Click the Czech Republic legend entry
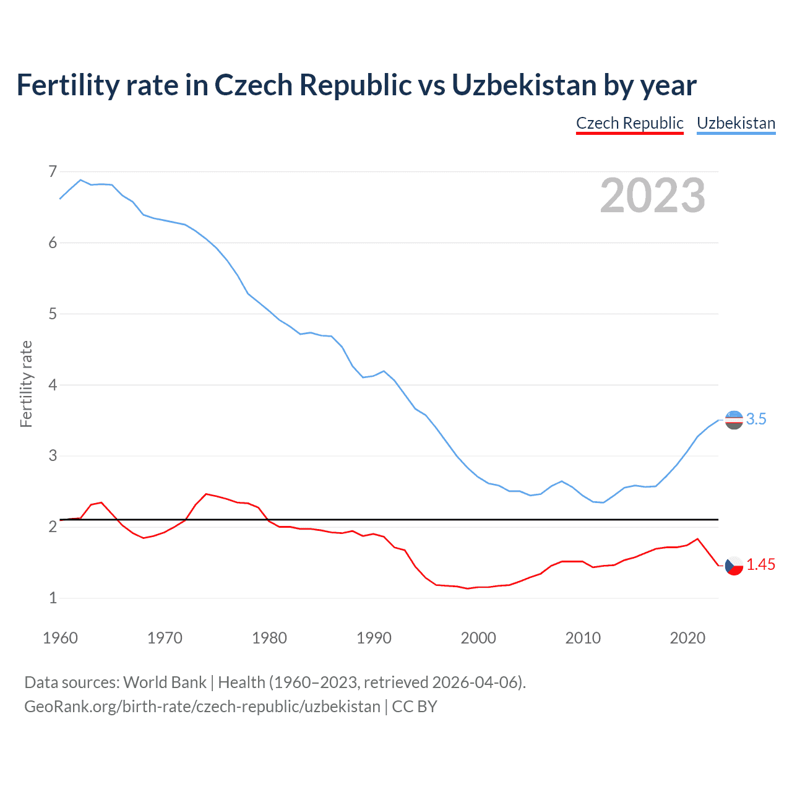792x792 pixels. pyautogui.click(x=629, y=123)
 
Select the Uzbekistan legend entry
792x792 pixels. pyautogui.click(x=736, y=123)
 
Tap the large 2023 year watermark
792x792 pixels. pyautogui.click(x=652, y=196)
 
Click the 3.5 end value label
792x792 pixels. pyautogui.click(x=756, y=419)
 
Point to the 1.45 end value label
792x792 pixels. pyautogui.click(x=760, y=564)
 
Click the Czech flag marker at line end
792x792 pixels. pyautogui.click(x=734, y=565)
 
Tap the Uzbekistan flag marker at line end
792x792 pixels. pyautogui.click(x=734, y=420)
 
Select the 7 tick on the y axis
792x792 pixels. pyautogui.click(x=53, y=171)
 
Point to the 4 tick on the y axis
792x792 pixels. pyautogui.click(x=53, y=385)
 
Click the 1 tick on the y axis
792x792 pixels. pyautogui.click(x=53, y=598)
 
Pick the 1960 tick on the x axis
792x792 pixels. pyautogui.click(x=60, y=638)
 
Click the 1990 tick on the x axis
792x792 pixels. pyautogui.click(x=374, y=638)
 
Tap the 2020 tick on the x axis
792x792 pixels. pyautogui.click(x=687, y=638)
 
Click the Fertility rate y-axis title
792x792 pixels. pyautogui.click(x=26, y=384)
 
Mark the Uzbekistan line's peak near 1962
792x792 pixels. pyautogui.click(x=80, y=180)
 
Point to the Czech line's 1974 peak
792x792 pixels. pyautogui.click(x=206, y=494)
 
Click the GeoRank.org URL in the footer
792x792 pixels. pyautogui.click(x=202, y=707)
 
